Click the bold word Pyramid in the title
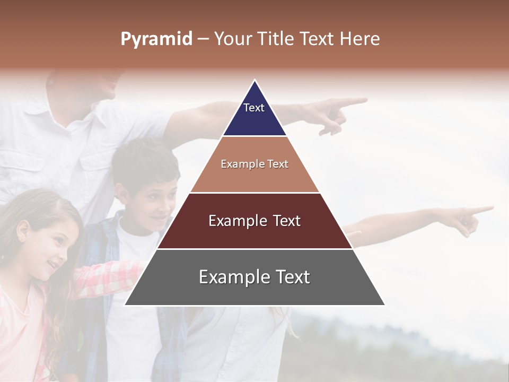pyautogui.click(x=156, y=39)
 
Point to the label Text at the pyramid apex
pyautogui.click(x=254, y=108)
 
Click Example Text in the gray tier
pyautogui.click(x=254, y=277)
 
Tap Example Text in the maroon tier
pyautogui.click(x=254, y=221)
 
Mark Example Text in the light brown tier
pyautogui.click(x=254, y=164)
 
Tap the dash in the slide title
pyautogui.click(x=203, y=39)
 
